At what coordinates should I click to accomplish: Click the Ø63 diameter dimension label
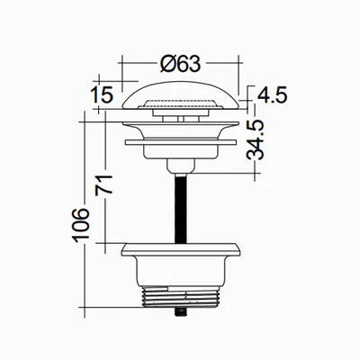coord(180,65)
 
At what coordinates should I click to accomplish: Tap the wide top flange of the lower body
coord(180,249)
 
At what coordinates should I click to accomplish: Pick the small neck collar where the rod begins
coord(180,166)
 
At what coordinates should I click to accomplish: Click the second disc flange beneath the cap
coord(180,141)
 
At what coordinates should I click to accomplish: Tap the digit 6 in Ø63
coord(181,65)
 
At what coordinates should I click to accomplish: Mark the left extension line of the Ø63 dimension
coord(121,76)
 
